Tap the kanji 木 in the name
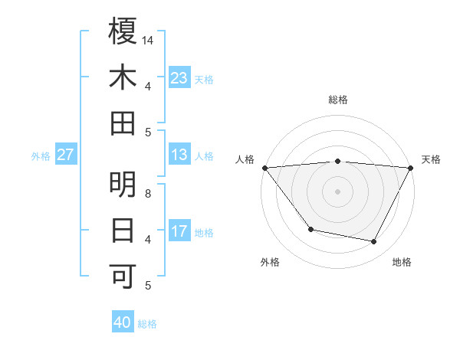click(123, 77)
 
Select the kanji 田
click(123, 123)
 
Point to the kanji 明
click(123, 185)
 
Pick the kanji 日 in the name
click(123, 231)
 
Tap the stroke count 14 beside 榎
click(148, 40)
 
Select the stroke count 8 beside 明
click(148, 194)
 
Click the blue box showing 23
click(179, 78)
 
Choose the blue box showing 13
click(179, 155)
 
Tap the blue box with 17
click(179, 231)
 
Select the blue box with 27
click(65, 155)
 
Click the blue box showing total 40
click(123, 322)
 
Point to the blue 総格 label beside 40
click(147, 324)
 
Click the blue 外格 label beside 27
click(41, 156)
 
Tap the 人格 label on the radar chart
click(245, 159)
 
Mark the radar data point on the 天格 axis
click(411, 168)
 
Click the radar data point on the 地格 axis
click(374, 242)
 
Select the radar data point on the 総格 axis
click(337, 161)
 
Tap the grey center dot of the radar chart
click(337, 191)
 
